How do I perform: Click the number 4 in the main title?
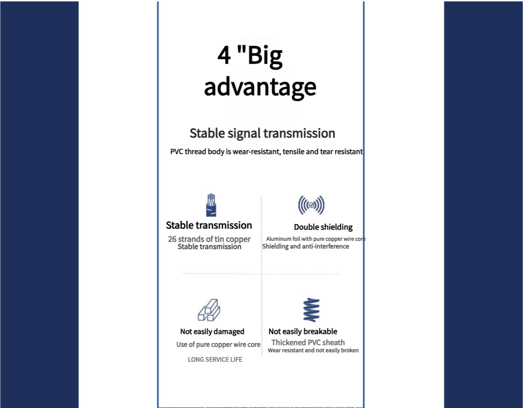pos(224,55)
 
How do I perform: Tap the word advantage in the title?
pos(260,87)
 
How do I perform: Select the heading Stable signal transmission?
pos(262,133)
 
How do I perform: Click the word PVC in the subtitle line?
pos(177,151)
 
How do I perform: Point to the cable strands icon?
pos(211,205)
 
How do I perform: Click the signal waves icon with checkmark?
pos(311,205)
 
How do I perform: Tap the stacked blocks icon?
pos(209,310)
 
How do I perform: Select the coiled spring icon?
pos(311,310)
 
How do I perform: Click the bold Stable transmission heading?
pos(209,225)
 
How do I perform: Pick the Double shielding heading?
pos(323,227)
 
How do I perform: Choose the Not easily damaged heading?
pos(213,332)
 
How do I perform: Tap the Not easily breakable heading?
pos(303,332)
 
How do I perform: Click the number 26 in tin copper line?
pos(172,239)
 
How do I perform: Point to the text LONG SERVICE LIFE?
pos(215,359)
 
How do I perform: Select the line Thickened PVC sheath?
pos(308,342)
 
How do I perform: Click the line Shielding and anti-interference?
pos(305,247)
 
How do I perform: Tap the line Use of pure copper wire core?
pos(218,345)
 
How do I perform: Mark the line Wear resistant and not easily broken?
pos(313,351)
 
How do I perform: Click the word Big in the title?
pos(264,56)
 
